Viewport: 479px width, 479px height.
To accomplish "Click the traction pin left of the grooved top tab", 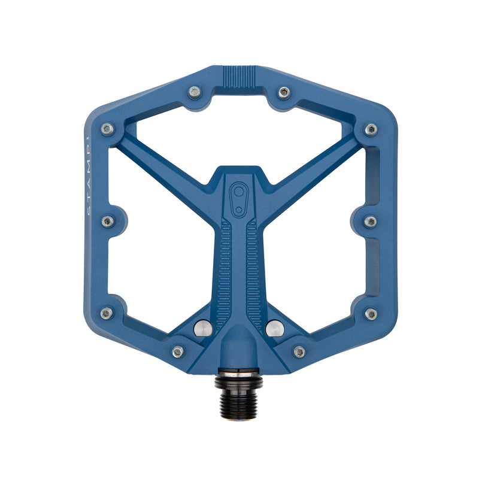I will click(x=194, y=92).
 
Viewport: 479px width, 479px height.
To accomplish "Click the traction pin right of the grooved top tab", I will click(x=284, y=92).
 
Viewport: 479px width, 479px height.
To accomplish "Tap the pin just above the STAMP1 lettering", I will click(x=108, y=129).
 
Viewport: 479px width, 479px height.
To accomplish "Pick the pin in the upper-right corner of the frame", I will click(x=371, y=129).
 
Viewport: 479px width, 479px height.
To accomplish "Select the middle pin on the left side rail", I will click(x=108, y=221).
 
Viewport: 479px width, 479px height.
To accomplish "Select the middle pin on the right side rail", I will click(x=371, y=222).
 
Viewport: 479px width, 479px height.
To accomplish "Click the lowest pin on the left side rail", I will click(x=107, y=313).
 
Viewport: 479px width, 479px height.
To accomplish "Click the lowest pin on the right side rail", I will click(x=371, y=314).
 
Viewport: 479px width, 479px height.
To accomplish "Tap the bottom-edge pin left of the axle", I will click(x=178, y=351).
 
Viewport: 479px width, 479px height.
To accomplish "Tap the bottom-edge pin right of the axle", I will click(x=299, y=351).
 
